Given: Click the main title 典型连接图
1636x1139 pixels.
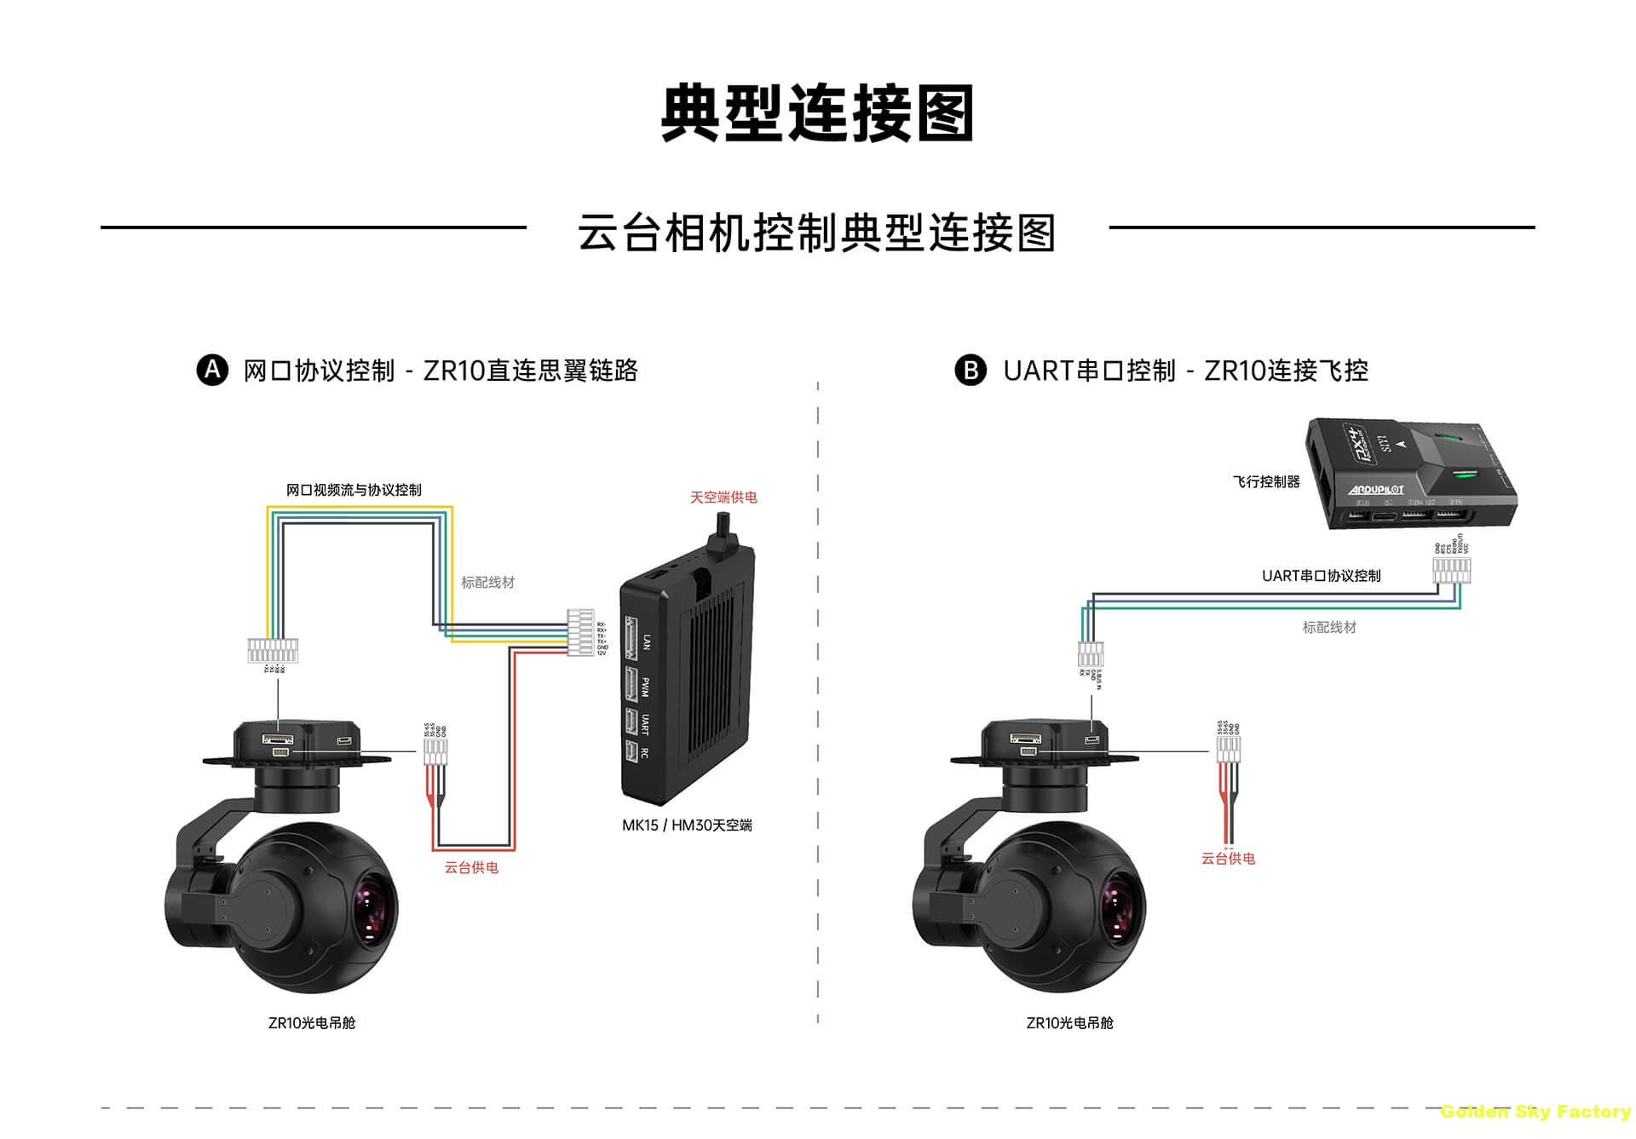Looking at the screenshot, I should click(817, 113).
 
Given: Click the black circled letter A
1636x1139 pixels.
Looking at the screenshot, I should click(212, 371).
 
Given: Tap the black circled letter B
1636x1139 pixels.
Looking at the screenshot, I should click(970, 371).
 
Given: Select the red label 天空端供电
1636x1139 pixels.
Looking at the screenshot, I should click(723, 498).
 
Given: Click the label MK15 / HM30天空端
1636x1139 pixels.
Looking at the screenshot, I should click(687, 825).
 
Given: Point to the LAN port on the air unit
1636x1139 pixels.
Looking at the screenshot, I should click(632, 639).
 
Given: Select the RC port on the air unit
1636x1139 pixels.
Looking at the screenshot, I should click(631, 752).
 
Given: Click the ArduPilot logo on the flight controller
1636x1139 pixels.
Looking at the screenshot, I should click(1376, 489).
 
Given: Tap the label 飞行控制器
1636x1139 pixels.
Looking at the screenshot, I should click(1266, 482).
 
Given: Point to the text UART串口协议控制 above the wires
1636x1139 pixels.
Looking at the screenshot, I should click(1321, 576).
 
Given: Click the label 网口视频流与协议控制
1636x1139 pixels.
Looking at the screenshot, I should click(354, 490).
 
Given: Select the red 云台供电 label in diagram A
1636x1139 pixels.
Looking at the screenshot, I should click(471, 867).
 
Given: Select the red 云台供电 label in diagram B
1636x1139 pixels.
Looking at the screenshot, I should click(1228, 859).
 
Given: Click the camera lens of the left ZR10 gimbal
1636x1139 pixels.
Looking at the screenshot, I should click(372, 909).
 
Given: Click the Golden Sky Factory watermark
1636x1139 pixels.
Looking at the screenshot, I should click(1535, 1112).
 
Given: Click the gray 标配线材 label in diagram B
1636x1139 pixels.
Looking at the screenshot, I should click(1329, 628).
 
